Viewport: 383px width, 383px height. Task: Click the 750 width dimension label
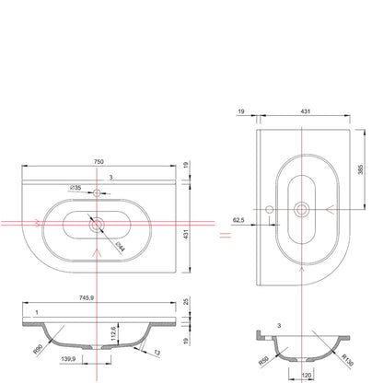pyautogui.click(x=99, y=161)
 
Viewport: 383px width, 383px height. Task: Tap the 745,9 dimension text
pyautogui.click(x=87, y=297)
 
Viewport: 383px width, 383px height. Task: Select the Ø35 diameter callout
pyautogui.click(x=75, y=188)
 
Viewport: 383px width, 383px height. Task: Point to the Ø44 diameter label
pyautogui.click(x=120, y=247)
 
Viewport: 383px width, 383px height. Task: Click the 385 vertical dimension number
pyautogui.click(x=360, y=169)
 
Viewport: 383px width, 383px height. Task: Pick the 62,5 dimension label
pyautogui.click(x=238, y=220)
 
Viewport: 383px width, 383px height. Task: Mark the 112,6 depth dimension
pyautogui.click(x=112, y=333)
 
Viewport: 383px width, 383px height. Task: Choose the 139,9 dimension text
pyautogui.click(x=68, y=358)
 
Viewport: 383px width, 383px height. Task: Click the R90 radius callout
pyautogui.click(x=39, y=349)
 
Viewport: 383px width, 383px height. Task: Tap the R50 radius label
pyautogui.click(x=263, y=361)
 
